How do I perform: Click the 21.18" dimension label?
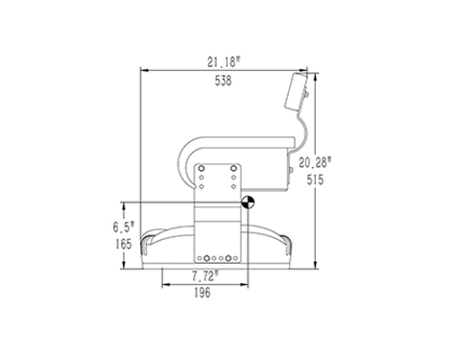[x=224, y=61]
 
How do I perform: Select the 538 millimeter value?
[x=223, y=81]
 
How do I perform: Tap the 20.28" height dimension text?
[x=315, y=162]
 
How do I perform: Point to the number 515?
[x=315, y=180]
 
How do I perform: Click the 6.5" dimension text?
[x=124, y=228]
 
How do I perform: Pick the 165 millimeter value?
[x=124, y=245]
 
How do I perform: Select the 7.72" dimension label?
[x=205, y=276]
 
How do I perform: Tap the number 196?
[x=203, y=293]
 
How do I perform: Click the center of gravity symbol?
[x=248, y=202]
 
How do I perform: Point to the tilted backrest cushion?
[x=296, y=92]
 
